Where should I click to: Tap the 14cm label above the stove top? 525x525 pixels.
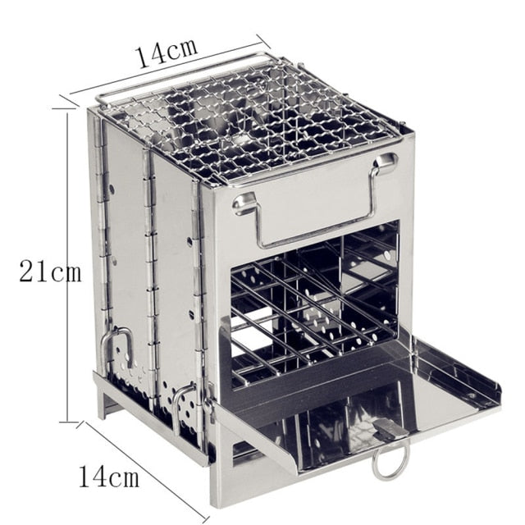(x=167, y=52)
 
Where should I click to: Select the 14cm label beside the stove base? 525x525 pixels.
(x=109, y=475)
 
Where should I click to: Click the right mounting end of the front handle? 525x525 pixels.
(x=384, y=164)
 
